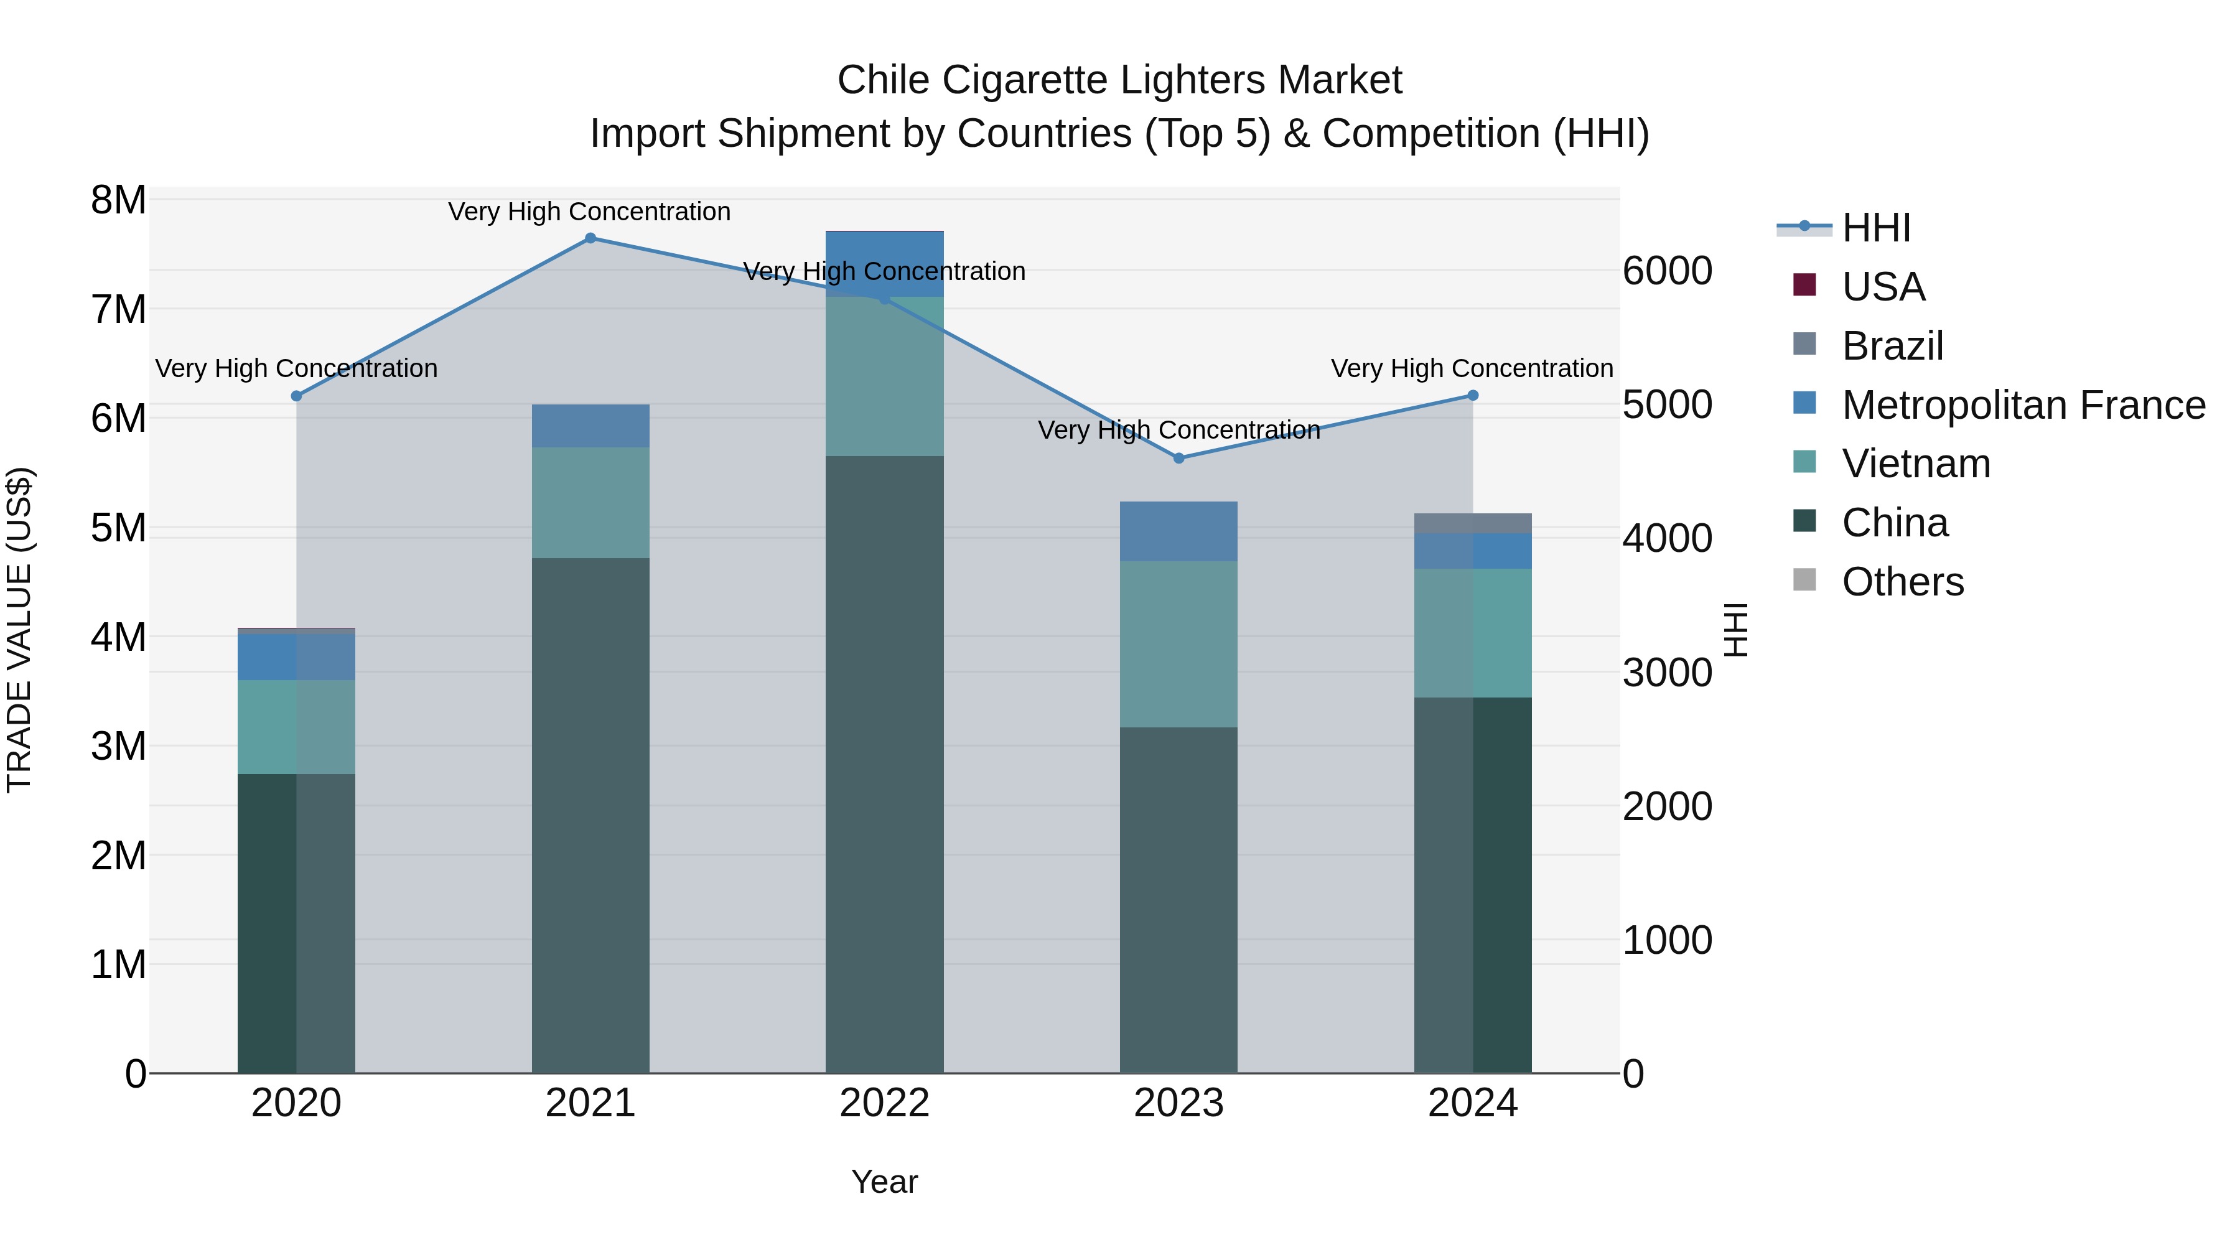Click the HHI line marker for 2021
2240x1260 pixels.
click(x=590, y=238)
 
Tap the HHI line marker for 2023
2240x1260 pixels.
click(x=1179, y=458)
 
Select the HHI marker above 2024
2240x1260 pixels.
click(x=1473, y=396)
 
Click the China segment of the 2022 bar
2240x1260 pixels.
click(x=884, y=765)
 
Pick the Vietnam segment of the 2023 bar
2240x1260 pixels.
click(x=1178, y=645)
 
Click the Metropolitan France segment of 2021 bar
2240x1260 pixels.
click(x=590, y=426)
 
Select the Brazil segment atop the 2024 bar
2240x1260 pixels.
click(x=1473, y=523)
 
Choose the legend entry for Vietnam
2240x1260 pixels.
click(x=1916, y=464)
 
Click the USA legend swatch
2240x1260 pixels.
click(x=1805, y=285)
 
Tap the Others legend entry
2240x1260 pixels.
click(x=1903, y=582)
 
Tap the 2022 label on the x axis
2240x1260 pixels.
click(x=884, y=1103)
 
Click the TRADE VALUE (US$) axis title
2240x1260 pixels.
click(x=20, y=630)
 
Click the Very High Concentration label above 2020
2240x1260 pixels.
click(x=297, y=369)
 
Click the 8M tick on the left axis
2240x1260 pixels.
click(x=118, y=201)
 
